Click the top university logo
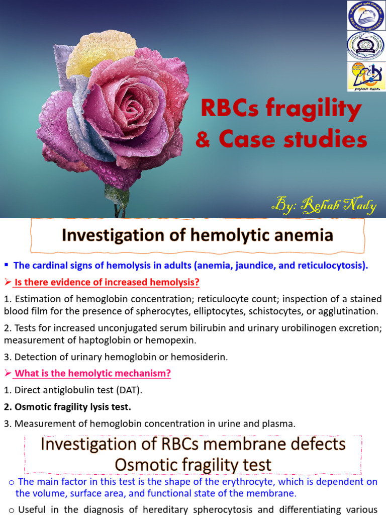(x=366, y=15)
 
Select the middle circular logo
(x=366, y=45)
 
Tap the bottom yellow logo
(x=366, y=76)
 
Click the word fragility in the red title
(x=319, y=110)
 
